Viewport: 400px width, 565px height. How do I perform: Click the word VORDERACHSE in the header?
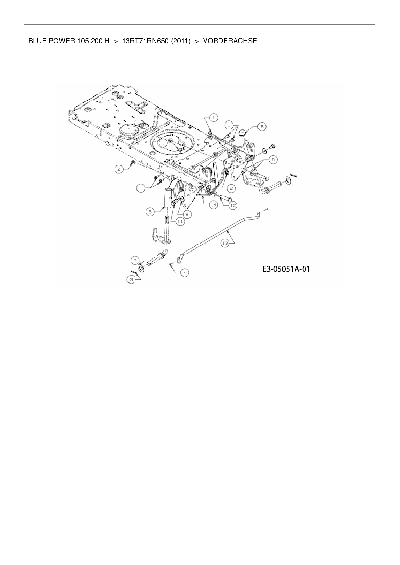(x=230, y=41)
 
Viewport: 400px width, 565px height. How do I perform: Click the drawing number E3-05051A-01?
(x=286, y=269)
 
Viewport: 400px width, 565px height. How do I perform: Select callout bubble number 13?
(x=225, y=244)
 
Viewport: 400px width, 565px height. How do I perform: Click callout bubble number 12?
(x=233, y=205)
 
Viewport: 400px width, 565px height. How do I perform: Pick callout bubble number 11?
(x=180, y=221)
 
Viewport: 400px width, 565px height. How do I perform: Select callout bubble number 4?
(x=184, y=273)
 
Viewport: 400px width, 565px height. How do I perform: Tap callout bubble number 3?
(x=131, y=280)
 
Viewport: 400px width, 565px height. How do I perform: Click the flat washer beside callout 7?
(x=141, y=268)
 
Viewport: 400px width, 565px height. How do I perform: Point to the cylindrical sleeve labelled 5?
(x=168, y=198)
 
